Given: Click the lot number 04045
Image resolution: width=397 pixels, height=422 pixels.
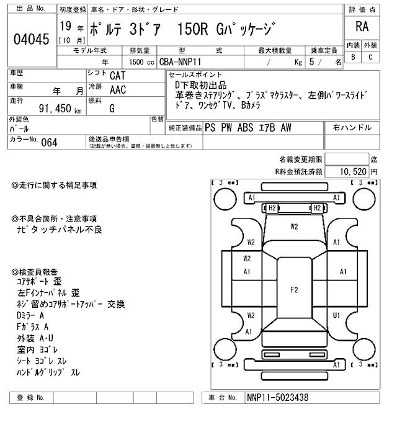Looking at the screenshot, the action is point(30,39).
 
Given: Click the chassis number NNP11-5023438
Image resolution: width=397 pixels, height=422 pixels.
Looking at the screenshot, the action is point(277,397).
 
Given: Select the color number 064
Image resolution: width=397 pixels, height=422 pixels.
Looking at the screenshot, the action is point(49,142).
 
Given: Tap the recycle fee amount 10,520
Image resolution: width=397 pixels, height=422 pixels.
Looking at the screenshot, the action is point(349,171).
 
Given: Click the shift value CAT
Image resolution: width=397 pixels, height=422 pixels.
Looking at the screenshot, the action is point(118,75).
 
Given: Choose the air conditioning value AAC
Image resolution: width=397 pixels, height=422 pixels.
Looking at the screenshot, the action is point(118,89).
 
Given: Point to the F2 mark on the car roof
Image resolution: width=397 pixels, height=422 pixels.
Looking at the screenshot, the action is point(294,289).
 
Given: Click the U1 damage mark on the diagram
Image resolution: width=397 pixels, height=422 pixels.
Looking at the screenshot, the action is point(337,315).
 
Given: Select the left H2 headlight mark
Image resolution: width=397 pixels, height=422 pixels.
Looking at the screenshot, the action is point(271,208).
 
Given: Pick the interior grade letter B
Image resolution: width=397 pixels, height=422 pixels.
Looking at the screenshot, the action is point(354,57).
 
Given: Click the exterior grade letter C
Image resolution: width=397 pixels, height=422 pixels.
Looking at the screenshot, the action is point(370,57).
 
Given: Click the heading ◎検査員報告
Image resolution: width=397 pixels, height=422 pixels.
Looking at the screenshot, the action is point(35,272).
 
